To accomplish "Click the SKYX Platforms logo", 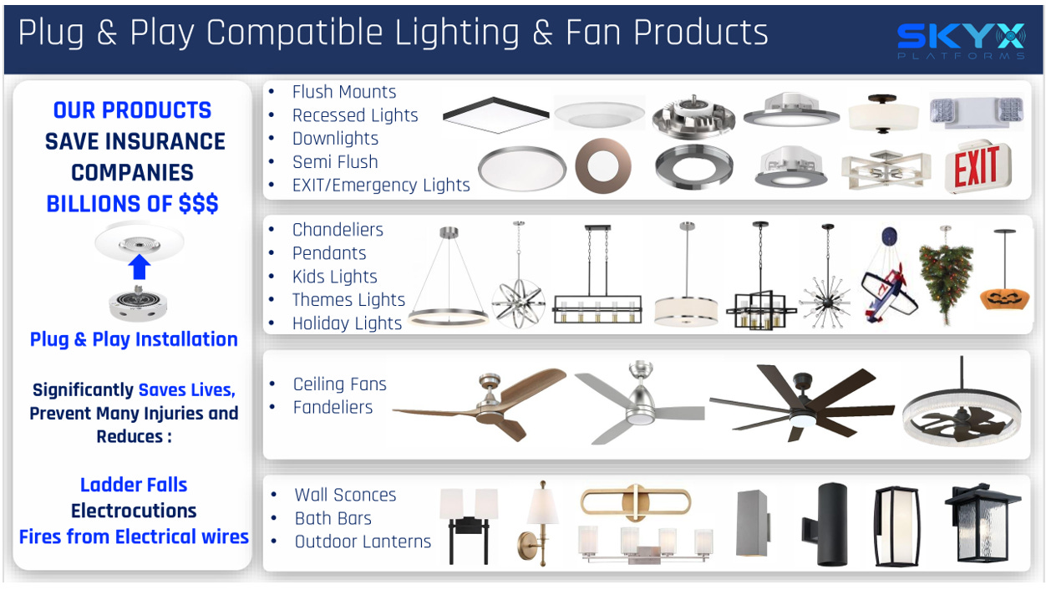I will tap(961, 40).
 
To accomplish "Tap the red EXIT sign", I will tap(977, 169).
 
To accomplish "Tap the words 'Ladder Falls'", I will tap(134, 485).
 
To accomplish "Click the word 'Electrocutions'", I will tap(134, 511).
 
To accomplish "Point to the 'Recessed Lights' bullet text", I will tap(354, 115).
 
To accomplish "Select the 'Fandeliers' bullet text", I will tap(333, 408).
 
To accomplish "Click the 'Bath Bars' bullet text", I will tap(333, 518).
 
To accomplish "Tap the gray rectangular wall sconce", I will tap(751, 523).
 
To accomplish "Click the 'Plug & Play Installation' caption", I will tap(134, 339).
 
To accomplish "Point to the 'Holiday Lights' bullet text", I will tap(347, 323).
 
